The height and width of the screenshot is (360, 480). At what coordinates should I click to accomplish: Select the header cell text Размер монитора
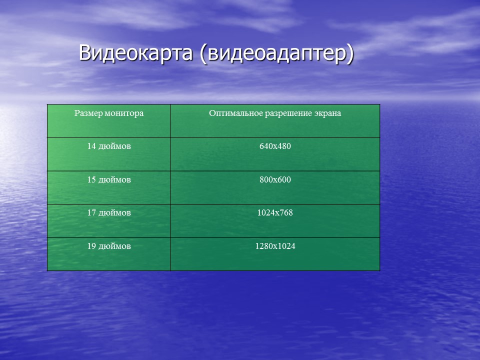[x=109, y=113]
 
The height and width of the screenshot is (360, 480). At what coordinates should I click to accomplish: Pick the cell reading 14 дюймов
[x=109, y=146]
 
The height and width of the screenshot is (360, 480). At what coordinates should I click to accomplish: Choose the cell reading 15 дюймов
[x=109, y=180]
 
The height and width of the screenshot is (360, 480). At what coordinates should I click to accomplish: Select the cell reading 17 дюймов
[x=109, y=213]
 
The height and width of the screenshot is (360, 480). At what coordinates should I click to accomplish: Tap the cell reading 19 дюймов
[x=109, y=246]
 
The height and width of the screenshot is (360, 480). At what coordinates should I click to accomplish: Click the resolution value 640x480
[x=275, y=146]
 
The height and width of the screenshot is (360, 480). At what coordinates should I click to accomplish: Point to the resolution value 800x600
[x=275, y=180]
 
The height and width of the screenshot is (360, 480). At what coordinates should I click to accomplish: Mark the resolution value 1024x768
[x=275, y=213]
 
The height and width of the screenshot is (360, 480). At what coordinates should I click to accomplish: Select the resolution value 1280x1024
[x=275, y=246]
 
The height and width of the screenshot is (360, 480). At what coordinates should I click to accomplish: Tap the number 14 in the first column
[x=91, y=146]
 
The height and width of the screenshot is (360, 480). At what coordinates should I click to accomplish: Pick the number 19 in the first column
[x=91, y=246]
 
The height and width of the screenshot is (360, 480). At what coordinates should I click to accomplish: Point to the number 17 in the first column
[x=91, y=213]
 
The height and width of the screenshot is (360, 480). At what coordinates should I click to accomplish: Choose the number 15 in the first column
[x=91, y=180]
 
